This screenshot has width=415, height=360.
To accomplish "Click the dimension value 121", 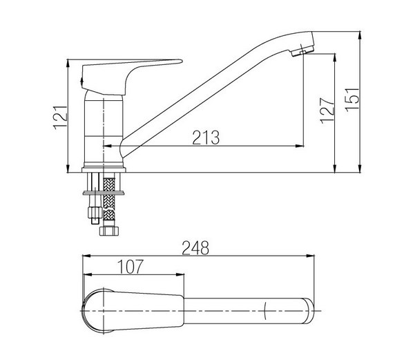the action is click(60, 117).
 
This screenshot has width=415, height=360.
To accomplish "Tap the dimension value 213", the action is click(206, 138).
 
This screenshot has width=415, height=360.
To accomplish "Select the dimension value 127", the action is click(327, 111).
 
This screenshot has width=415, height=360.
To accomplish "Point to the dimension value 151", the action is click(352, 100).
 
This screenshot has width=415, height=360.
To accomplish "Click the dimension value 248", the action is click(195, 248).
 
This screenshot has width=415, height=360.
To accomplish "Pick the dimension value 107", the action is click(131, 267).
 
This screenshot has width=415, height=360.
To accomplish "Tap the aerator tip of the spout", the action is click(302, 50).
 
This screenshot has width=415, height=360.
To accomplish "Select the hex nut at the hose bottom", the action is click(109, 231).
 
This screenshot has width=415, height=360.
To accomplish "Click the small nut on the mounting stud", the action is click(95, 212).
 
